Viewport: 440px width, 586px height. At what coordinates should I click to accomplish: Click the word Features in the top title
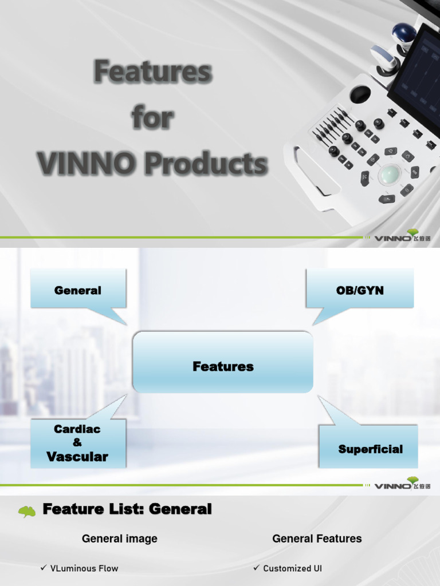(x=153, y=72)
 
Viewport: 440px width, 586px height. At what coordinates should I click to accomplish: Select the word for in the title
(x=152, y=118)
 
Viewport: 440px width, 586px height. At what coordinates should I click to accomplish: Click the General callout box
(x=78, y=290)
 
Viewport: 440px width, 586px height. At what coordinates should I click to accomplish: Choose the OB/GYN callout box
(x=360, y=290)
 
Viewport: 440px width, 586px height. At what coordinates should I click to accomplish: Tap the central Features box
(x=223, y=366)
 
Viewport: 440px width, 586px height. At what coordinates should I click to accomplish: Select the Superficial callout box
(x=370, y=449)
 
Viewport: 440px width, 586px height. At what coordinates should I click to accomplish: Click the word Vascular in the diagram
(x=77, y=457)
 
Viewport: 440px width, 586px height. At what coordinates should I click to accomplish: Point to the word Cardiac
(x=77, y=429)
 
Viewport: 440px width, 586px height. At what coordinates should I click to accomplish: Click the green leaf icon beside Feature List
(x=27, y=510)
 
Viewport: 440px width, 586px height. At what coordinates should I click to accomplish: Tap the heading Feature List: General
(x=127, y=509)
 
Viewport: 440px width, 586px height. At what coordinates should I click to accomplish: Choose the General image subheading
(x=120, y=539)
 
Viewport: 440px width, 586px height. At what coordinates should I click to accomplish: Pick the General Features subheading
(x=317, y=539)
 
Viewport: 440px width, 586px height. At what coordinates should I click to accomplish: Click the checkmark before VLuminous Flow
(x=43, y=568)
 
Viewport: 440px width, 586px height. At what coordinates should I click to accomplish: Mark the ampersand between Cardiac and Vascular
(x=77, y=442)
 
